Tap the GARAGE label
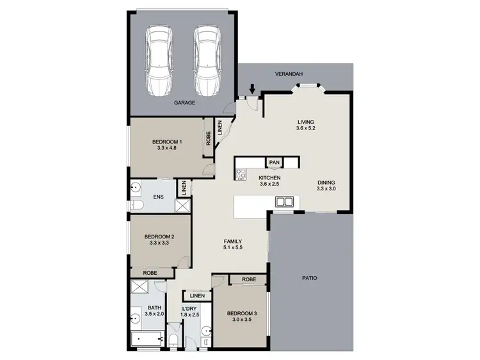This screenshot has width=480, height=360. (x=184, y=102)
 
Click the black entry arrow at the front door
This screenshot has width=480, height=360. (x=253, y=89)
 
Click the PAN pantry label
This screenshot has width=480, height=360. (x=275, y=163)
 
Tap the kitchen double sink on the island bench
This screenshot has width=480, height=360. (x=284, y=202)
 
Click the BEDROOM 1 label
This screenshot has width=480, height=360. (x=166, y=142)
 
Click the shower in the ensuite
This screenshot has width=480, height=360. (x=182, y=206)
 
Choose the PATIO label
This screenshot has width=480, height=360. (x=310, y=278)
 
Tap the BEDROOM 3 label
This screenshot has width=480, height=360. (x=241, y=313)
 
